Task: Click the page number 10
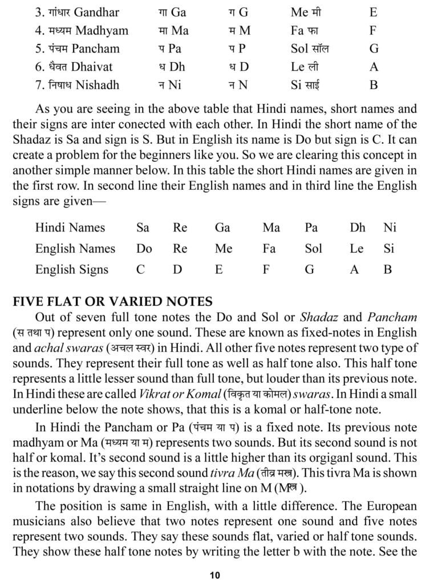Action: [214, 575]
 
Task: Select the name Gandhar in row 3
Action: [94, 12]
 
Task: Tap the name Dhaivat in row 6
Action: [95, 67]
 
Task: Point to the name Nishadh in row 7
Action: [96, 86]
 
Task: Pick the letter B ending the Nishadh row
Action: [374, 86]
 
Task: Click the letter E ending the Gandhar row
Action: [374, 12]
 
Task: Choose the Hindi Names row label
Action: [70, 228]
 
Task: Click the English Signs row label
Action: [72, 270]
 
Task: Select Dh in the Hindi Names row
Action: [358, 228]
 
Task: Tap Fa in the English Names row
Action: [269, 249]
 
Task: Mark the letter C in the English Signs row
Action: [140, 270]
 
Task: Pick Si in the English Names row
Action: [388, 249]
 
